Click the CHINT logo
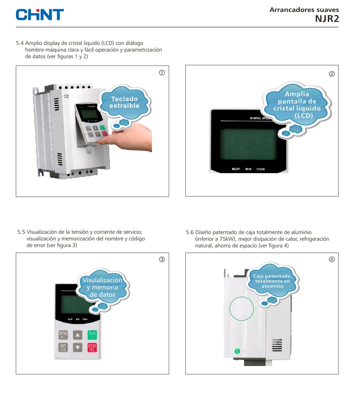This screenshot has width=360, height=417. pos(40,15)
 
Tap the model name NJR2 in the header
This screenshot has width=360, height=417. pos(327,19)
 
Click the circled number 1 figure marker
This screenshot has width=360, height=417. pos(162,73)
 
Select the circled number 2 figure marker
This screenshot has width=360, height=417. pos(331,74)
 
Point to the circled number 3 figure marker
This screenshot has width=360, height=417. pos(162,259)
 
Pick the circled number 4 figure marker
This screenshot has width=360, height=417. pos(331,259)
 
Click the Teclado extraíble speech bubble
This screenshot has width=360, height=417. pos(124,103)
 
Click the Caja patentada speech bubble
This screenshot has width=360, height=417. pos(272,281)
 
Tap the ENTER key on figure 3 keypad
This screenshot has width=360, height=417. pos(63,335)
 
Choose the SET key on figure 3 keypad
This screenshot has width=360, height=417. pos(63,347)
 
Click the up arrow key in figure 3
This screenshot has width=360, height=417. pos(78,335)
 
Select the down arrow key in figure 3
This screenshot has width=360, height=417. pos(78,348)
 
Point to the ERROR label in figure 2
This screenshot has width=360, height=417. pos(260,169)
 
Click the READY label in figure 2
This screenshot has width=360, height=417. pos(236,169)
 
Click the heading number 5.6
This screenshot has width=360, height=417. pos(190,232)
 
